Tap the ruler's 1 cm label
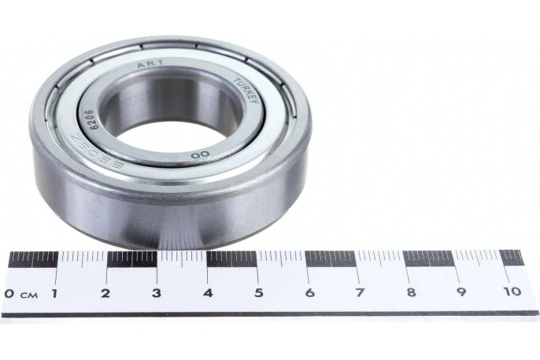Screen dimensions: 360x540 point(54,294)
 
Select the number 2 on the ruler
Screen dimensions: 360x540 point(105,294)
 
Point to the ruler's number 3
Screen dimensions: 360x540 point(156,294)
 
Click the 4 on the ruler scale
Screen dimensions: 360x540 point(207,294)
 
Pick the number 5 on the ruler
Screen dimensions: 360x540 point(257,294)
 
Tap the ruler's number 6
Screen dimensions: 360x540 point(309,294)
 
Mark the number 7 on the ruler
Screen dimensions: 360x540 point(360,294)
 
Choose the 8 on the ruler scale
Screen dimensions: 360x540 point(410,294)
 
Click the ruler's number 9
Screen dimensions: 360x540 point(461,294)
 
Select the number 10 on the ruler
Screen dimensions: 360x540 point(512,292)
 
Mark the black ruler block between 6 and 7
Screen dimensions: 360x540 point(330,258)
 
